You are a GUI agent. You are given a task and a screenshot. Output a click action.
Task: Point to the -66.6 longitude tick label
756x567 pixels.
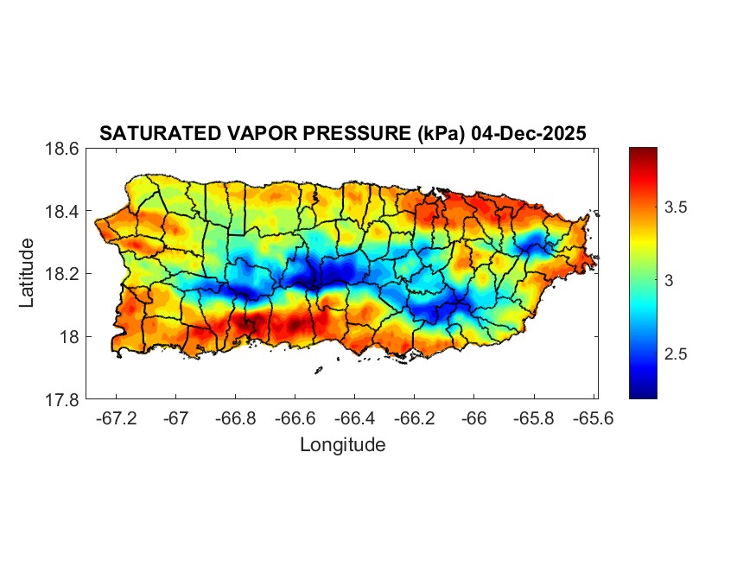(x=295, y=417)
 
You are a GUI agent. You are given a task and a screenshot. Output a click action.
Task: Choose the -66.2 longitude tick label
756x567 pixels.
(x=415, y=417)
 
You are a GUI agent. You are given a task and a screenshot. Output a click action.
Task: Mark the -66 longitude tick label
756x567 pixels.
(x=474, y=417)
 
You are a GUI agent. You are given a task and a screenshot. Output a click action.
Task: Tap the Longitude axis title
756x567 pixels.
(x=342, y=445)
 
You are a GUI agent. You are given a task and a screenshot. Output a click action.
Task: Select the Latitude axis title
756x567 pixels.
(x=28, y=273)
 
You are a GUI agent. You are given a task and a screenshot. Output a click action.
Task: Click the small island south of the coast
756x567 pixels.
(x=318, y=370)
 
